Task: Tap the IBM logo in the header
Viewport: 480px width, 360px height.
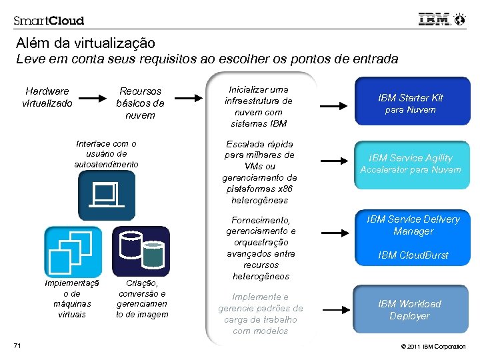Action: point(434,19)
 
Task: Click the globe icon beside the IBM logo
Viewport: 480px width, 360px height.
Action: point(459,19)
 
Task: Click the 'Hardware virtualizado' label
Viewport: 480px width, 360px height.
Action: point(47,97)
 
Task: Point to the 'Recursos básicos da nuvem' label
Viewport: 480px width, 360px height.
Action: point(140,103)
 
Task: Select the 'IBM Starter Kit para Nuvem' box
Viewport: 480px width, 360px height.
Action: point(410,103)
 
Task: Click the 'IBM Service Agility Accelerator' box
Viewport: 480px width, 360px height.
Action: point(410,163)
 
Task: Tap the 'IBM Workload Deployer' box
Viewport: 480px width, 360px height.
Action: point(410,310)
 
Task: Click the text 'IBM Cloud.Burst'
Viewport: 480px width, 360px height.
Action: point(413,255)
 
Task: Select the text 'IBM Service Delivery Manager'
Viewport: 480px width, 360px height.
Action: point(413,225)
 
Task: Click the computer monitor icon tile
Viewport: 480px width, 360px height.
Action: point(107,195)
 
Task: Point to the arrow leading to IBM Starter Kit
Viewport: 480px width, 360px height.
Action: point(337,106)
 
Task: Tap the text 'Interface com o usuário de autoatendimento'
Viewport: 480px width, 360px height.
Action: point(107,153)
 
